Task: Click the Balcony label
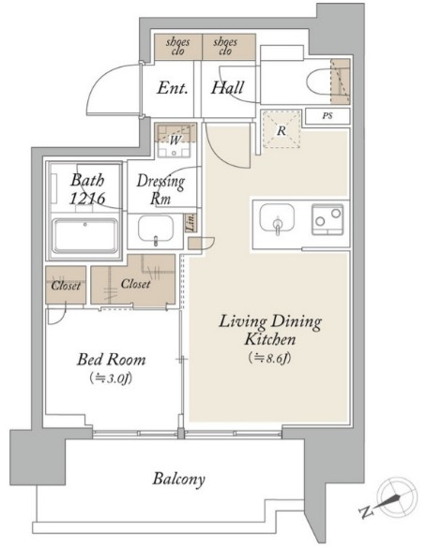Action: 178,479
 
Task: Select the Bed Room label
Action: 112,360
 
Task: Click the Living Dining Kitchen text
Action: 270,331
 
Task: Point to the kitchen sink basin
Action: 277,217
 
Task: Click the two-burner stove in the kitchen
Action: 327,219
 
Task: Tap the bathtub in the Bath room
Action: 85,235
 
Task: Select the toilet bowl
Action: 319,81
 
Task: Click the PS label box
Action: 327,116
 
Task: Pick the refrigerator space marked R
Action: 281,129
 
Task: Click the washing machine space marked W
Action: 175,140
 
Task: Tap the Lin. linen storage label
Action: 190,222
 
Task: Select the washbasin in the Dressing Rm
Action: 156,229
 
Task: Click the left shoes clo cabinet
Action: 178,47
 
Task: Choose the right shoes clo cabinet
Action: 229,47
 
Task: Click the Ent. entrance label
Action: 172,88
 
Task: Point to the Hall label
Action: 227,88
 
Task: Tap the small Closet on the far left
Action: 66,285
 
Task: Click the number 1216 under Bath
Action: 87,199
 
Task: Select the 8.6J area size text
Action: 270,358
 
